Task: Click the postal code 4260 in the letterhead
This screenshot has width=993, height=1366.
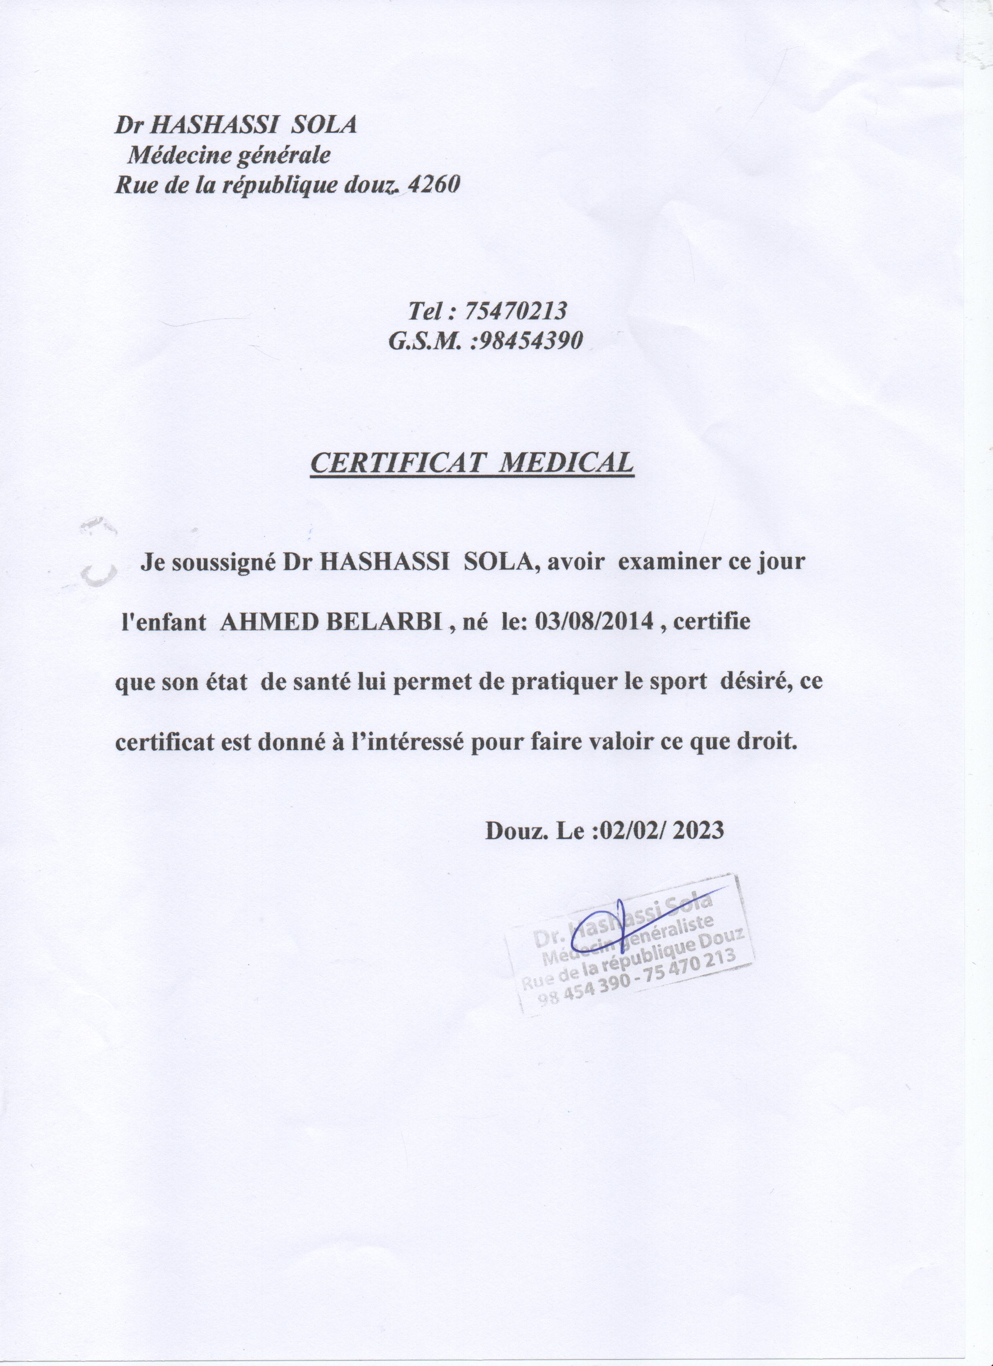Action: (433, 184)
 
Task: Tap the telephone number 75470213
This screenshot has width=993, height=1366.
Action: (516, 311)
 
